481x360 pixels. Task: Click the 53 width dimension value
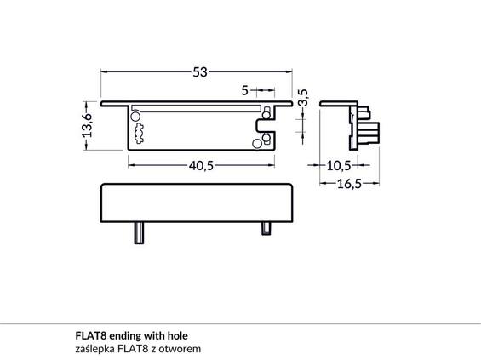point(200,72)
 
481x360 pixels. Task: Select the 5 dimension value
point(244,90)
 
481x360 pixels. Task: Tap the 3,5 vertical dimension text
point(303,97)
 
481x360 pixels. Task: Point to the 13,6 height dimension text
point(87,125)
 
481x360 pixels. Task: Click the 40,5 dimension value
point(201,166)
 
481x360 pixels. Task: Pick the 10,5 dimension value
point(338,166)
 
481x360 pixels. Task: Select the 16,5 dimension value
point(349,184)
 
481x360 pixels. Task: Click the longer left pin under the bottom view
point(139,233)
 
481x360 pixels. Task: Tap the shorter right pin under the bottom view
point(266,229)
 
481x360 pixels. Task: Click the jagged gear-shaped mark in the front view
point(139,134)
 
